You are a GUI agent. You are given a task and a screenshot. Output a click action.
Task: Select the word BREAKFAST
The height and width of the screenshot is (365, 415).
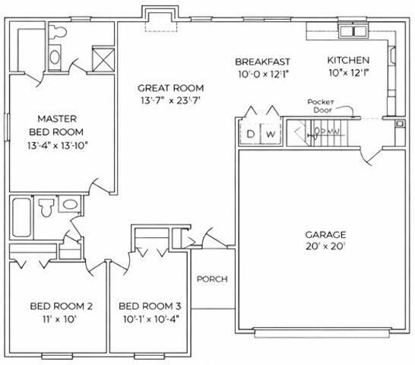coord(263,61)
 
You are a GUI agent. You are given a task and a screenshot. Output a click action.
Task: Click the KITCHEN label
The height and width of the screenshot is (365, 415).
coord(348,61)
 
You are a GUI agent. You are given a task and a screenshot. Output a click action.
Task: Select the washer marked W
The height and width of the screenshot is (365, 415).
coord(271,135)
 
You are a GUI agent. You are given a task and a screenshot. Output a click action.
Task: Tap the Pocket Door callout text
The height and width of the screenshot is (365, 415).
coord(322,106)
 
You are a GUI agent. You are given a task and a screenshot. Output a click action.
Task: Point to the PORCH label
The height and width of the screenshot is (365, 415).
coord(212,279)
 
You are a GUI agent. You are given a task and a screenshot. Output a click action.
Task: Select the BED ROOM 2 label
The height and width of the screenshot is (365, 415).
coord(62,306)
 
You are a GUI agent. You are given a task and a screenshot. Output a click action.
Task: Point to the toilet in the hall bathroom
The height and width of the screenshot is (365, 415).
coord(46,206)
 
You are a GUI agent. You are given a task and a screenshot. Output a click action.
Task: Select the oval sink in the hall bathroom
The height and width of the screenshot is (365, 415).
coord(69,205)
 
